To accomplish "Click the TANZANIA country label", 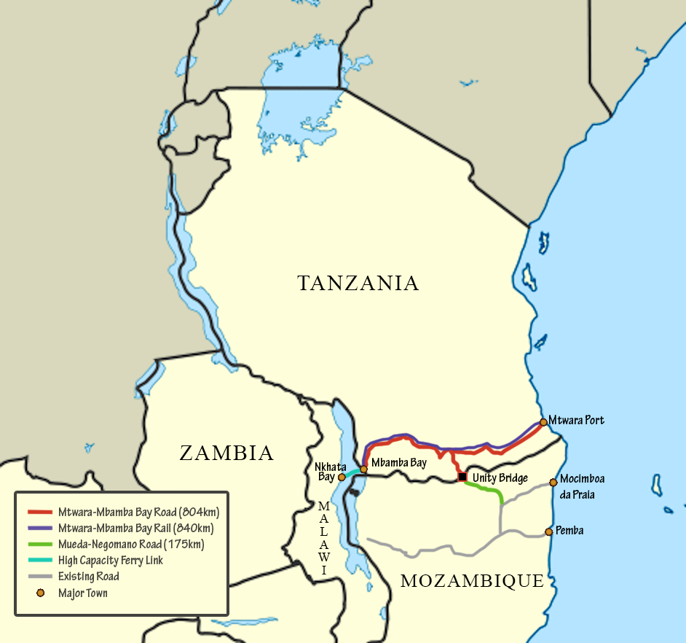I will click(358, 283).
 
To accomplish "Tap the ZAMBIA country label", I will click(226, 453).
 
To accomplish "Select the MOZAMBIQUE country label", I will click(472, 581).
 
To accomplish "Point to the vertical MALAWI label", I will click(324, 537).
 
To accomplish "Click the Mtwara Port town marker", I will click(543, 422).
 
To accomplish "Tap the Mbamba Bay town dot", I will click(363, 469).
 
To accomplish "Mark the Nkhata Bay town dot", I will click(342, 477).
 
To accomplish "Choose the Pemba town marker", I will click(549, 531).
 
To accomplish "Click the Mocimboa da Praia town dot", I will click(553, 482).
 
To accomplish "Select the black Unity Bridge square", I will click(462, 477).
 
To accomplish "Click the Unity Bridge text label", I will click(500, 478).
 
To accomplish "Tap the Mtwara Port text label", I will click(576, 421).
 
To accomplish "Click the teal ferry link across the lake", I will click(352, 473).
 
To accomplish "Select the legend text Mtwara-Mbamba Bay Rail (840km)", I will click(136, 527).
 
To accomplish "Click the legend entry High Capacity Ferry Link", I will click(111, 561).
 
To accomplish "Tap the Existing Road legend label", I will click(89, 577).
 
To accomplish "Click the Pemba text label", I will click(569, 531).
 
